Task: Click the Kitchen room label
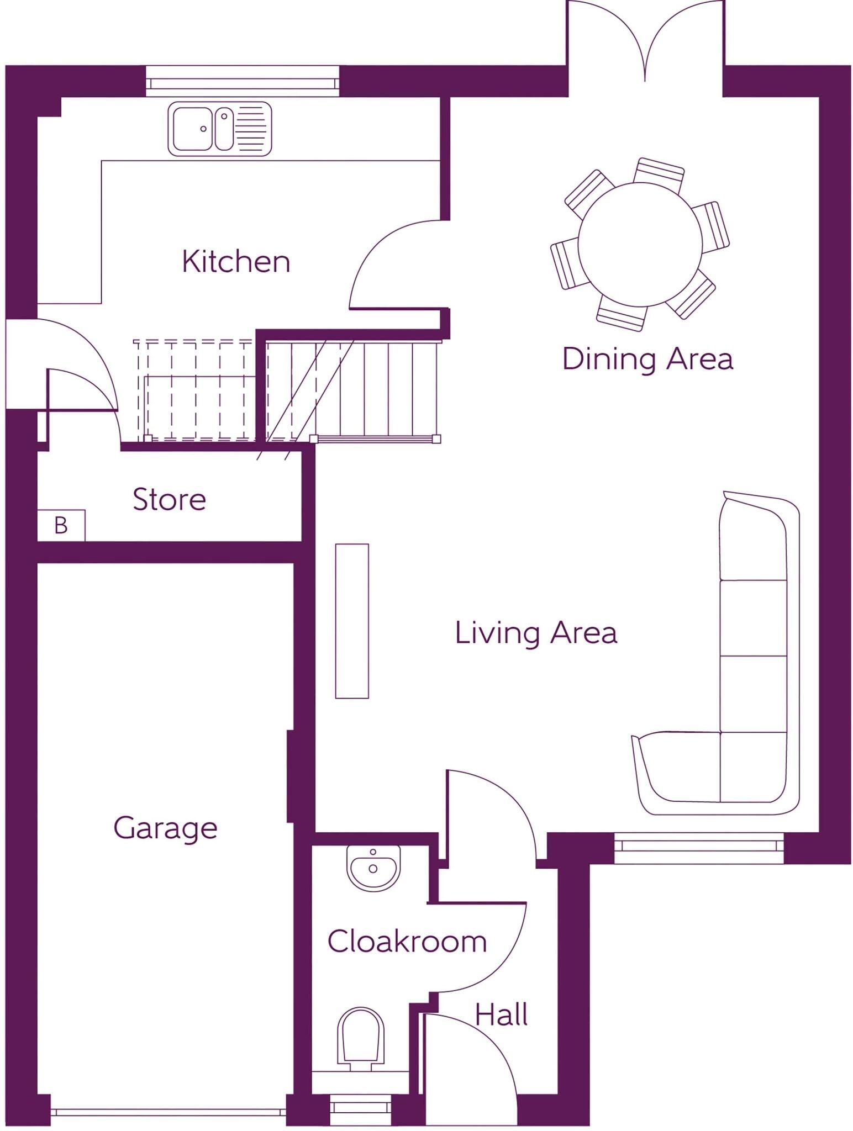pyautogui.click(x=236, y=261)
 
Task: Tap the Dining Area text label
pyautogui.click(x=647, y=358)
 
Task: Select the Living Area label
pyautogui.click(x=536, y=632)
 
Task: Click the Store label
pyautogui.click(x=170, y=499)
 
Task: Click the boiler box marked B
pyautogui.click(x=61, y=525)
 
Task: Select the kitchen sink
pyautogui.click(x=220, y=129)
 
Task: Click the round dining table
pyautogui.click(x=640, y=245)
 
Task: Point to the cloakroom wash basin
pyautogui.click(x=373, y=867)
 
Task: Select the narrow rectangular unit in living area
pyautogui.click(x=352, y=621)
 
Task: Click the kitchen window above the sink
pyautogui.click(x=243, y=82)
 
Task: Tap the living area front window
pyautogui.click(x=699, y=848)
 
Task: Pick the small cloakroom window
pyautogui.click(x=360, y=1106)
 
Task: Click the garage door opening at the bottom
pyautogui.click(x=169, y=1112)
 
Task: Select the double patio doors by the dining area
pyautogui.click(x=645, y=41)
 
